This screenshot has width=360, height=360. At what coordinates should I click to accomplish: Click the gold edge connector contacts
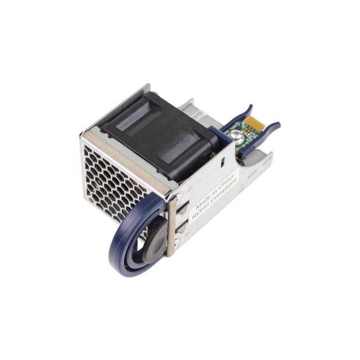tap(251, 125)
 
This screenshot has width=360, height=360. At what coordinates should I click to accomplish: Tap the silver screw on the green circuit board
tap(238, 136)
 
